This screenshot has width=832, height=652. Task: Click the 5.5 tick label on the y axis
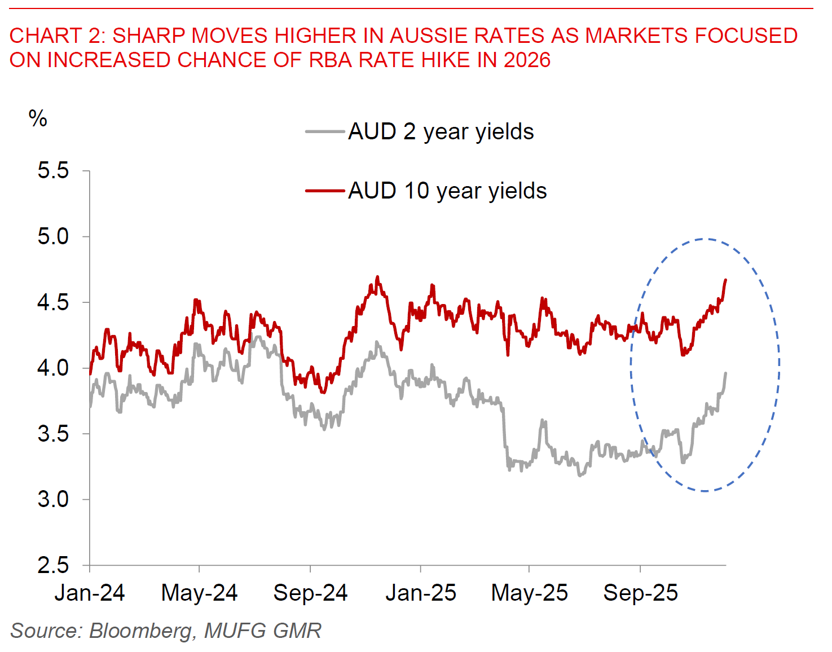53,170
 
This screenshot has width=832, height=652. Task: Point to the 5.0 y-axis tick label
53,236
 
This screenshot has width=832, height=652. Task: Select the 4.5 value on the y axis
53,302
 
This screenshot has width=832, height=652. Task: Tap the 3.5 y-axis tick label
53,434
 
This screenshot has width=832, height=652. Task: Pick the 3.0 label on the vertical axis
53,499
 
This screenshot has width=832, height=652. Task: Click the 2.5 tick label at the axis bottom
53,565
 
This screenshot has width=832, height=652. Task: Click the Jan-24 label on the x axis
90,593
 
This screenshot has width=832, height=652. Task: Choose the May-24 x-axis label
199,593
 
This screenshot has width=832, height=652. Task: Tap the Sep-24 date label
310,593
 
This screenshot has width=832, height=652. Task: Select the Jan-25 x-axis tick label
421,593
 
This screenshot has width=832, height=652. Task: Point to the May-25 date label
529,593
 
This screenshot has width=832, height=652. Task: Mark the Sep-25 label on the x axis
640,593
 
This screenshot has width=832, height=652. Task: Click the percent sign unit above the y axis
38,118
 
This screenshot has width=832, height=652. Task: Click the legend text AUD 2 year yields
441,132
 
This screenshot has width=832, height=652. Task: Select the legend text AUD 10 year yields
447,191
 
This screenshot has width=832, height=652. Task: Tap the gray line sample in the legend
325,132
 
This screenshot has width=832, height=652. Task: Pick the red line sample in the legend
325,191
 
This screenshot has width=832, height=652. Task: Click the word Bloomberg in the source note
141,631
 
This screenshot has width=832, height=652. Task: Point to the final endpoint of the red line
725,279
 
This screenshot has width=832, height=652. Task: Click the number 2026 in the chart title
527,60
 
